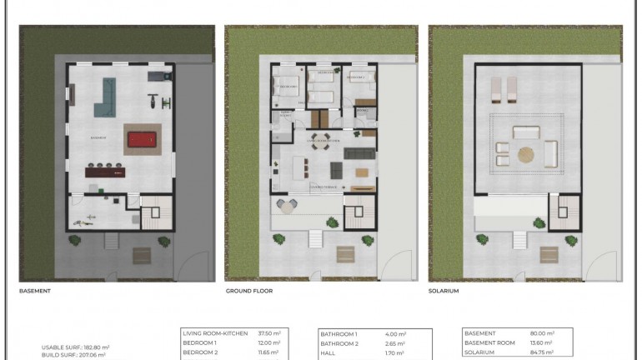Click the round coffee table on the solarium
point(526,153)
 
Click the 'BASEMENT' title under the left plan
point(35,292)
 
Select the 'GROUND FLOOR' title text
point(249,292)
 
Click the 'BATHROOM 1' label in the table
point(339,333)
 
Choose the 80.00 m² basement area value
point(543,333)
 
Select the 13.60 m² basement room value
point(542,342)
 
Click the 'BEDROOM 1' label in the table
point(199,342)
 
